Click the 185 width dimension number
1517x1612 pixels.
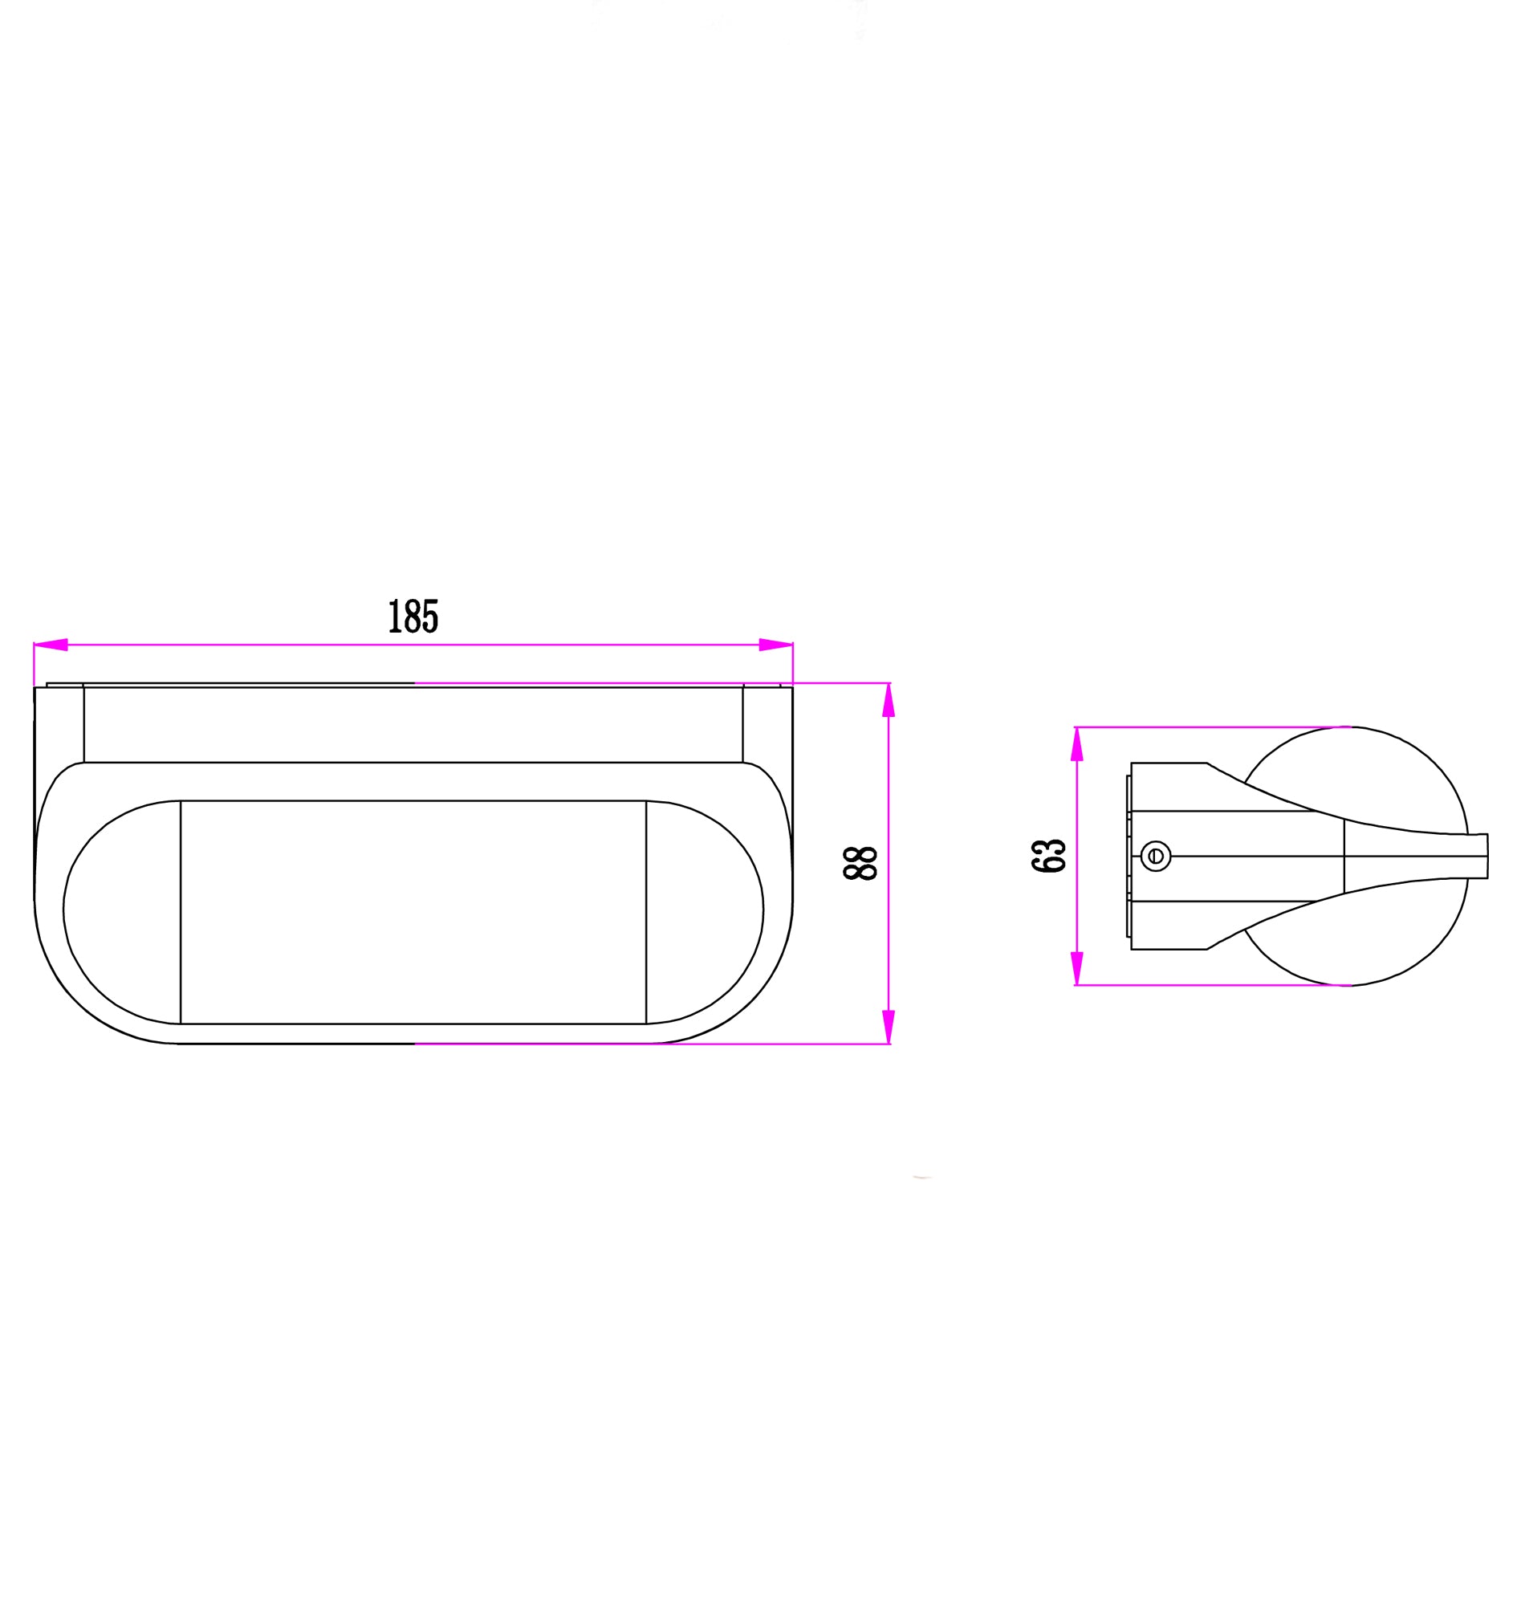click(x=413, y=617)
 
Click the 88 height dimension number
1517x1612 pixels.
click(x=860, y=864)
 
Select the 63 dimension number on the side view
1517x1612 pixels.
click(x=1048, y=856)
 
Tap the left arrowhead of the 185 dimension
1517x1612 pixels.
click(x=51, y=645)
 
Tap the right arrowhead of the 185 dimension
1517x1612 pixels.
click(x=776, y=645)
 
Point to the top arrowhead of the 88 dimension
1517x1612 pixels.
click(x=889, y=700)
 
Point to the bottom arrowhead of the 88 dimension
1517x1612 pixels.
click(x=889, y=1027)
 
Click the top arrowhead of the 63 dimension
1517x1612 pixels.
click(x=1076, y=744)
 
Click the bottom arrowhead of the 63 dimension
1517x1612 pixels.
click(x=1076, y=968)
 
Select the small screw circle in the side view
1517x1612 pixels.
click(x=1155, y=856)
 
